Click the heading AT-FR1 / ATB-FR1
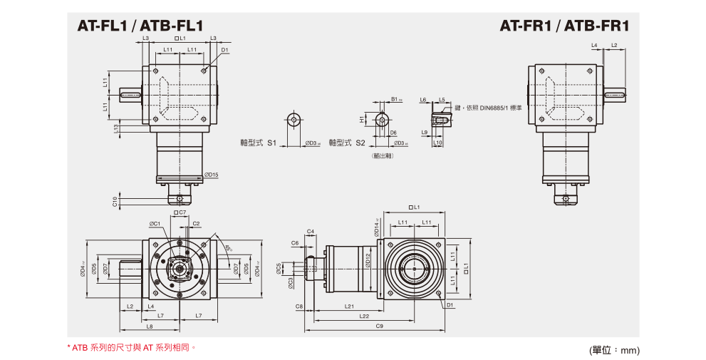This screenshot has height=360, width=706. [564, 27]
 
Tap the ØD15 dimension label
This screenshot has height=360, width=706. [211, 175]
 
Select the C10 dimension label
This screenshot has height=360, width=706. [115, 202]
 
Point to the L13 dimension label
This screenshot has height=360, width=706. [115, 128]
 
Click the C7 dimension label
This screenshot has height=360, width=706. [181, 212]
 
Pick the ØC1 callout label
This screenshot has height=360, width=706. [155, 224]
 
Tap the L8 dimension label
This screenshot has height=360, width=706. [149, 326]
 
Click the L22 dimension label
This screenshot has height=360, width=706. [363, 316]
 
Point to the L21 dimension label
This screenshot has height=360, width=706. [349, 307]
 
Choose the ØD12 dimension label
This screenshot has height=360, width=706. [368, 261]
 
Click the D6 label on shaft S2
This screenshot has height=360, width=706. [393, 133]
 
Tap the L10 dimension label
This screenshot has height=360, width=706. [438, 143]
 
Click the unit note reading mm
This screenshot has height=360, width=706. [630, 350]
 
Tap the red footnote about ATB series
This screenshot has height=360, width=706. [131, 348]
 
